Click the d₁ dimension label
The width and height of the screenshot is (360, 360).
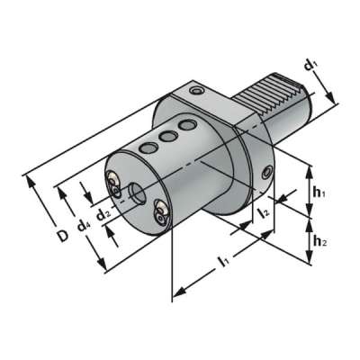[310, 66]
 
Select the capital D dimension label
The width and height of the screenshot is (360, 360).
[61, 236]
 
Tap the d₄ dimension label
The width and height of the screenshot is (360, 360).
[83, 224]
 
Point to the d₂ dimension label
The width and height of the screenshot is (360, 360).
[104, 214]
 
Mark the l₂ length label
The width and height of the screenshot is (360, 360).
[263, 213]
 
